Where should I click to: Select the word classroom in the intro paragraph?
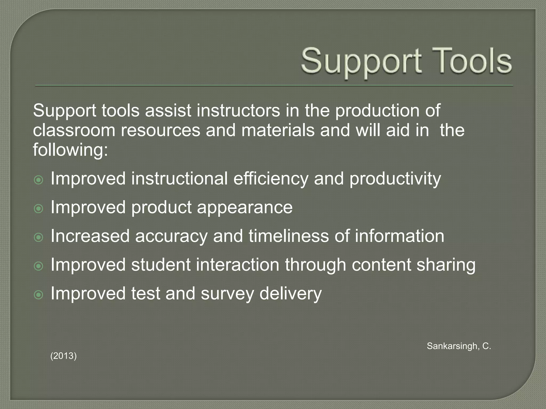click(x=74, y=130)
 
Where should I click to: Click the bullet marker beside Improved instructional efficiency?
click(x=39, y=180)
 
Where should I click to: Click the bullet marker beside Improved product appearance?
click(x=39, y=209)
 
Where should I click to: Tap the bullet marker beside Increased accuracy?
click(x=39, y=238)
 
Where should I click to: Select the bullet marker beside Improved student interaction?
click(x=39, y=266)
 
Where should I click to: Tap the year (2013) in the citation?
click(x=63, y=356)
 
